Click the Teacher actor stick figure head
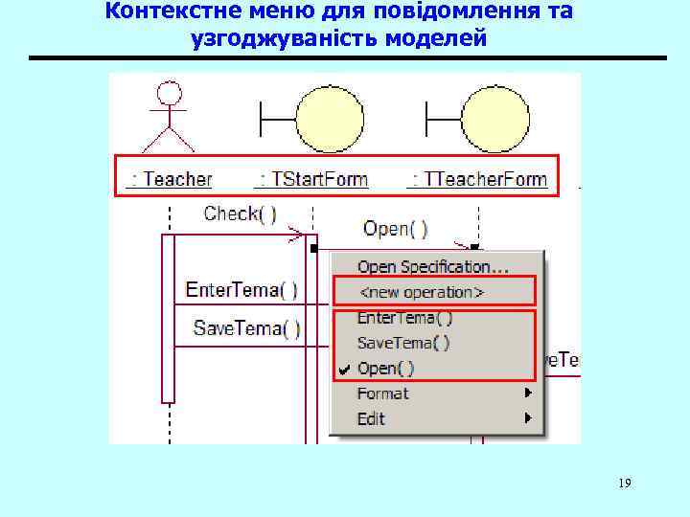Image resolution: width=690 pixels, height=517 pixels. pos(169,93)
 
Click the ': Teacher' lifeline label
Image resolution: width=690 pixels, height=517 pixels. pos(172,179)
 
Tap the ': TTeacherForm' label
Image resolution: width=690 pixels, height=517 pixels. pos(478,179)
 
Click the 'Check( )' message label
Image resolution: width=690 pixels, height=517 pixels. pos(240,214)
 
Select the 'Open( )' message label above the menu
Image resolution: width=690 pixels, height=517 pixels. pos(396,229)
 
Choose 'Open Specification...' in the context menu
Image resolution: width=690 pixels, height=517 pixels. pos(433,266)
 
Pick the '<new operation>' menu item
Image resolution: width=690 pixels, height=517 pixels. pos(421,291)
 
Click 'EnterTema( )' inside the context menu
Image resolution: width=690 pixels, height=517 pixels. pos(404,317)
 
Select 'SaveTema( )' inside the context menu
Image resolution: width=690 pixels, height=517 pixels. pos(403,342)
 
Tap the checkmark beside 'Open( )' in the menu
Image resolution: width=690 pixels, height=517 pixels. pos(344,368)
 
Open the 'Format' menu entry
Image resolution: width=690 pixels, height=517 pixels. pos(382,393)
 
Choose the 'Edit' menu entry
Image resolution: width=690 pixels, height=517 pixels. pos(371,418)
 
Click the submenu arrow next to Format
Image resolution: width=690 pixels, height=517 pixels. pos(527,393)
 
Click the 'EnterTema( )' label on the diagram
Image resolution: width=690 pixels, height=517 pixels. pos(241,288)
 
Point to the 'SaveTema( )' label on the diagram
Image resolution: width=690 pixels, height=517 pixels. pos(247,328)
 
